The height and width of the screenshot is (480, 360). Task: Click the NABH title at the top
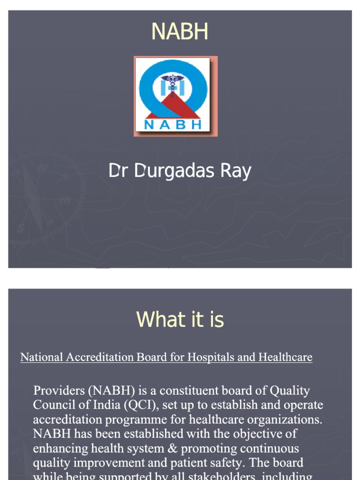(180, 32)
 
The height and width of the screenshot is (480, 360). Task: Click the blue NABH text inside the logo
(175, 124)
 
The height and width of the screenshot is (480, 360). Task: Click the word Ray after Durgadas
(234, 172)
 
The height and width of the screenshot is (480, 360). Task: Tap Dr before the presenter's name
(119, 172)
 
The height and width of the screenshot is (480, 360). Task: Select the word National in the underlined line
(41, 358)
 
